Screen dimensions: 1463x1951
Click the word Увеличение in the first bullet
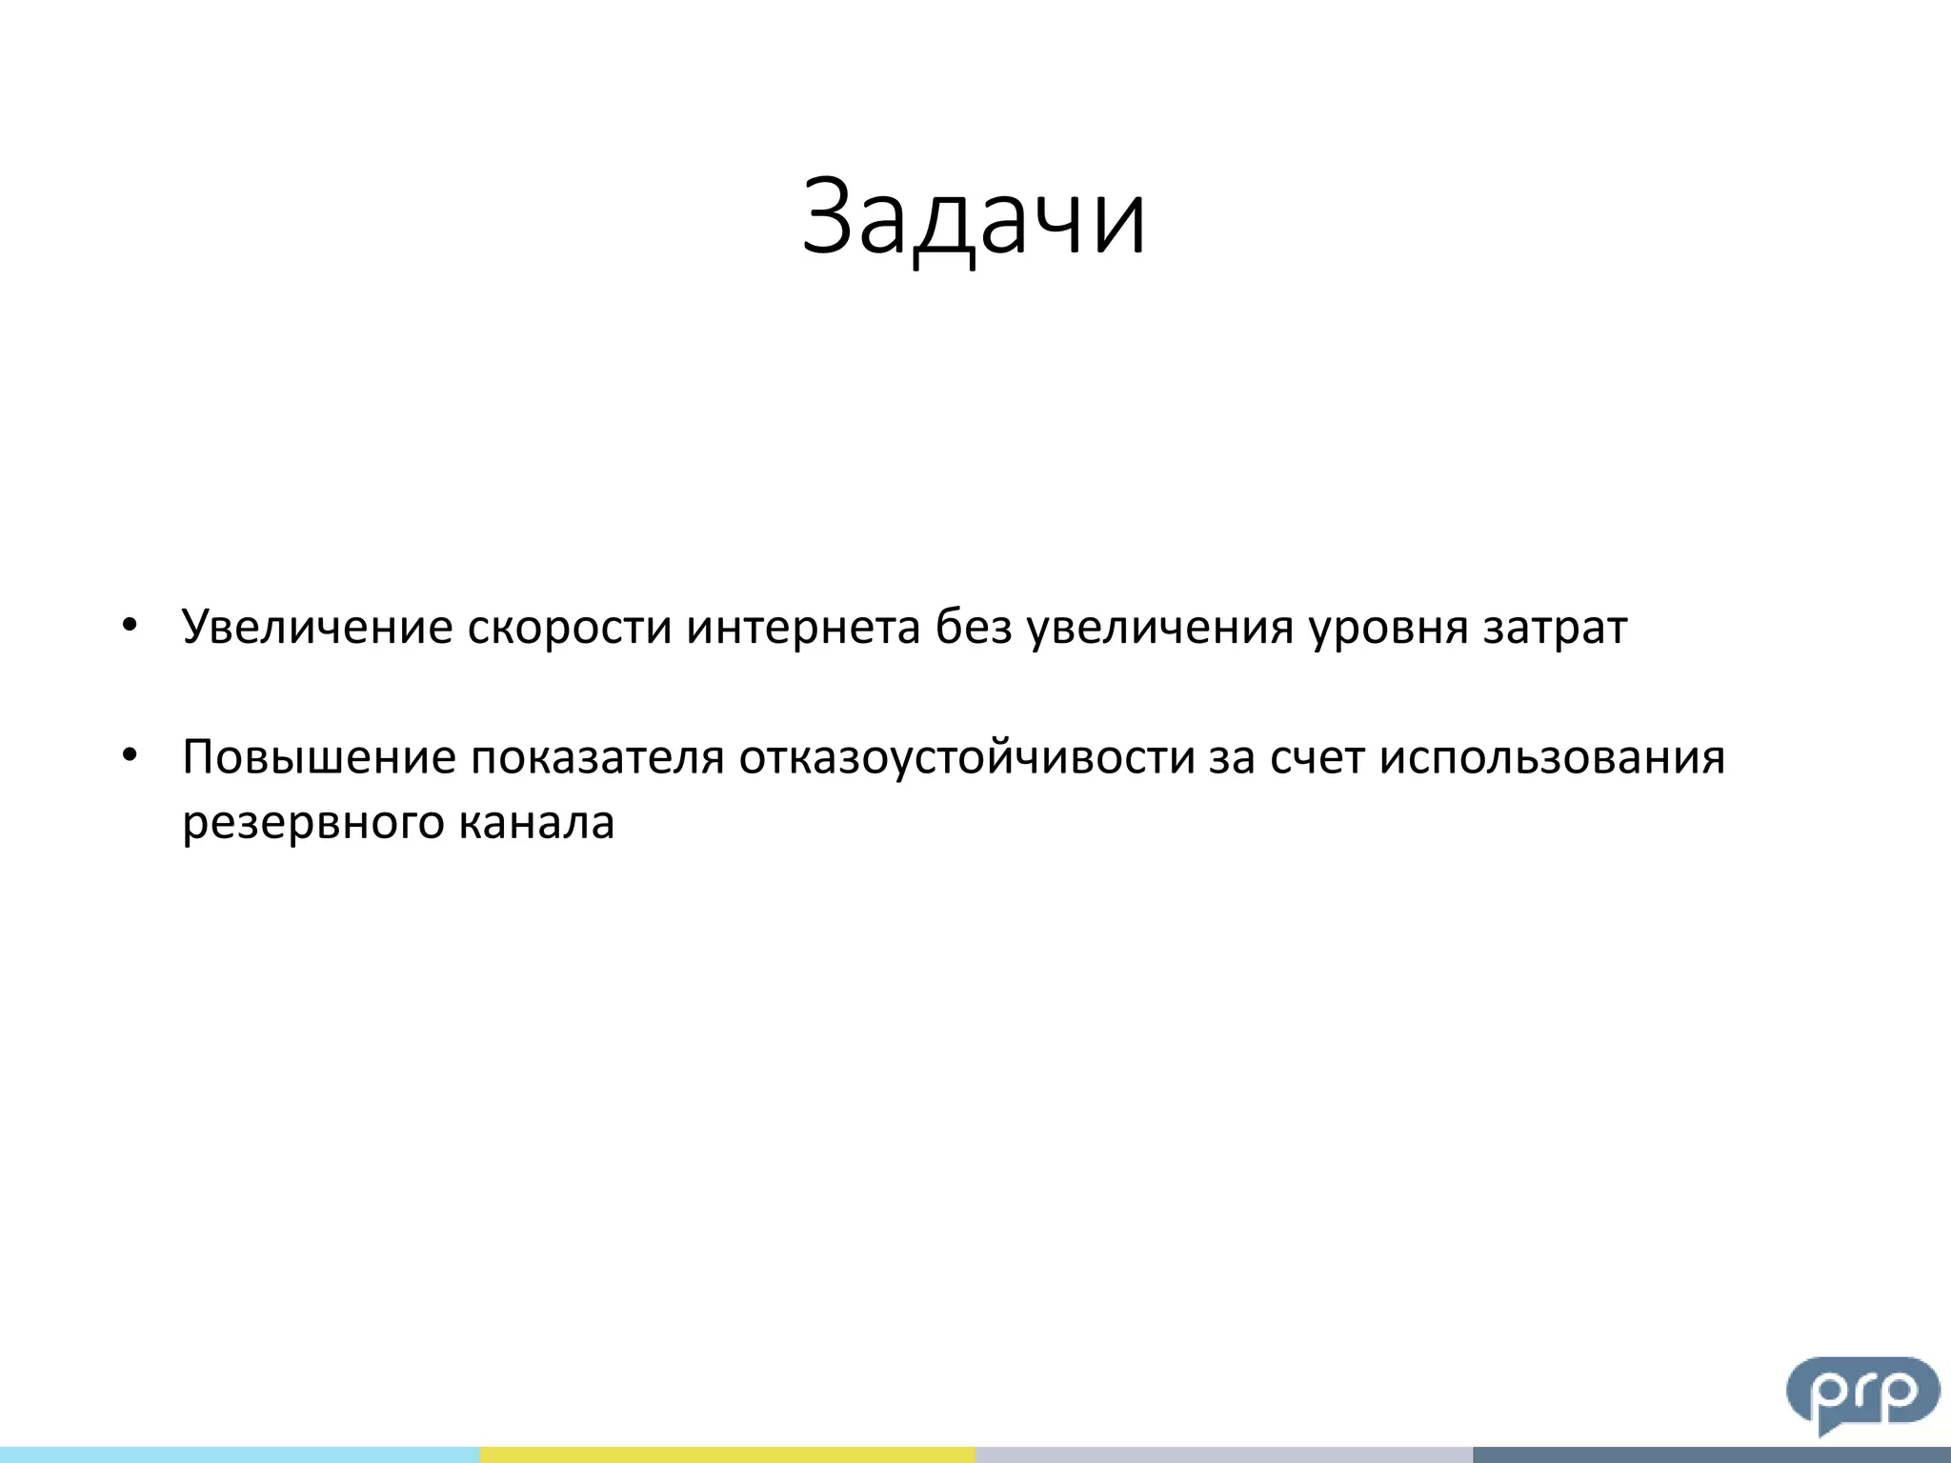point(316,627)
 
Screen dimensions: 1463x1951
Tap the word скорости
point(569,627)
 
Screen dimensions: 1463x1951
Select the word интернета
point(803,627)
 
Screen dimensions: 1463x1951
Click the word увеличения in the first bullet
point(1159,627)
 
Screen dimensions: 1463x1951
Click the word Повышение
point(319,758)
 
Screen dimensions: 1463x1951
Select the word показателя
point(597,758)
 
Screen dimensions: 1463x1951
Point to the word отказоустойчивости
point(967,758)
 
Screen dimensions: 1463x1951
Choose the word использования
point(1552,758)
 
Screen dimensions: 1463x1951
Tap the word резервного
point(312,823)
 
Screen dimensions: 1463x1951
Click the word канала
point(536,823)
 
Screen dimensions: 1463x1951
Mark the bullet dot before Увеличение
point(131,626)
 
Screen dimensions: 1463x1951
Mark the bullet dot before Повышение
point(131,756)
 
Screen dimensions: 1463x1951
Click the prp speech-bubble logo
point(1862,1393)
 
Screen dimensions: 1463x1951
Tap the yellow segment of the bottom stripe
point(727,1454)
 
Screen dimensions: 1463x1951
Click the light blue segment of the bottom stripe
point(239,1454)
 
